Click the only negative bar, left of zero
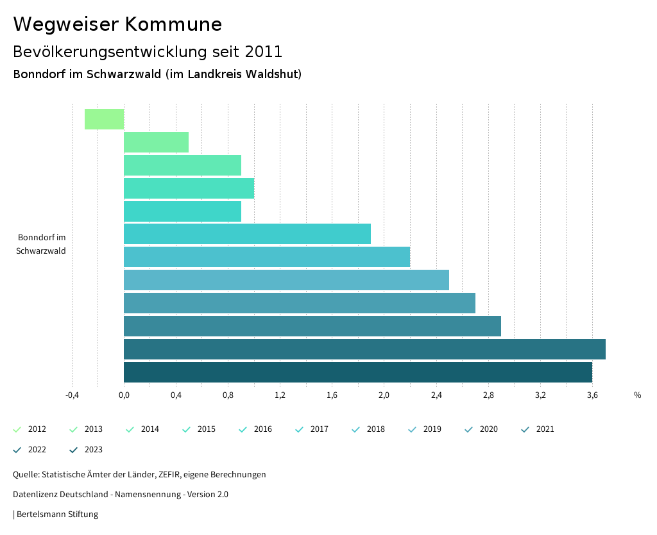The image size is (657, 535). [104, 119]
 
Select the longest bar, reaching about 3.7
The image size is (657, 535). [364, 349]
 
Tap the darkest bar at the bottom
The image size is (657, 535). [357, 372]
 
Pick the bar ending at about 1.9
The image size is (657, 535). [247, 234]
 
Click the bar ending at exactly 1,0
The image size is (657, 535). [189, 188]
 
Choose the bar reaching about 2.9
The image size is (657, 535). [312, 326]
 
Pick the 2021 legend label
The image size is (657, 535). [545, 429]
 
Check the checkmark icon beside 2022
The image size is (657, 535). [17, 450]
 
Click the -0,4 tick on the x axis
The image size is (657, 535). [72, 395]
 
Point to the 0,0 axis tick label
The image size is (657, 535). [124, 395]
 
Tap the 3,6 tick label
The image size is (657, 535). [592, 395]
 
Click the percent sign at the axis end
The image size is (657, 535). [637, 395]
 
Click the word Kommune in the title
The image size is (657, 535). [173, 24]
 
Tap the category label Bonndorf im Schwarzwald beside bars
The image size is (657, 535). [42, 244]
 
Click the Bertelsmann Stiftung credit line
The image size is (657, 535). [56, 514]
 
